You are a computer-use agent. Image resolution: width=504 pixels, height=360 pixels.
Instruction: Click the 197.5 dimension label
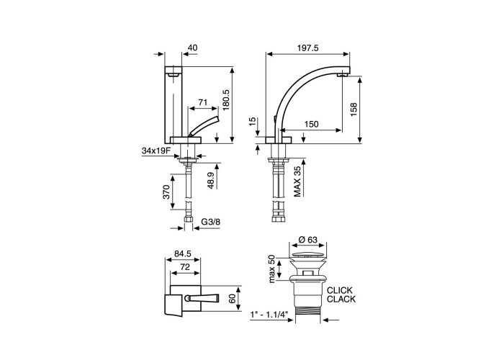coord(307,48)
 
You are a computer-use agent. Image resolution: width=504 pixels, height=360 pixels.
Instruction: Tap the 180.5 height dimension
coord(226,100)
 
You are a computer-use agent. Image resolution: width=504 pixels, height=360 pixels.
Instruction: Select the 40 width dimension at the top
coord(192,48)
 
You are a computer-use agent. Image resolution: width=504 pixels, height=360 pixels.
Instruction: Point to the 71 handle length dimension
coord(202,102)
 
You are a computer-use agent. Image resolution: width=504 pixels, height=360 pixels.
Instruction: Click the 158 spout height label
coord(354,109)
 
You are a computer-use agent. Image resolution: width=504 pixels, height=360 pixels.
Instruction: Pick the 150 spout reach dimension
coord(311,124)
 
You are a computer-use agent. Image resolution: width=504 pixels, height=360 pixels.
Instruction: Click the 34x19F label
coord(156,150)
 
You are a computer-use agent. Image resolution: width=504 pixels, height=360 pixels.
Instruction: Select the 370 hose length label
coord(166,192)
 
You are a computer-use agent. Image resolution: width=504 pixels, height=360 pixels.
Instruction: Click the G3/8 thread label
coord(211,222)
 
